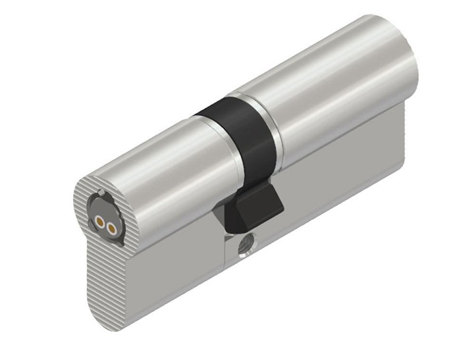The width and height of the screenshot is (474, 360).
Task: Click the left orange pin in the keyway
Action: click(100, 222)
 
